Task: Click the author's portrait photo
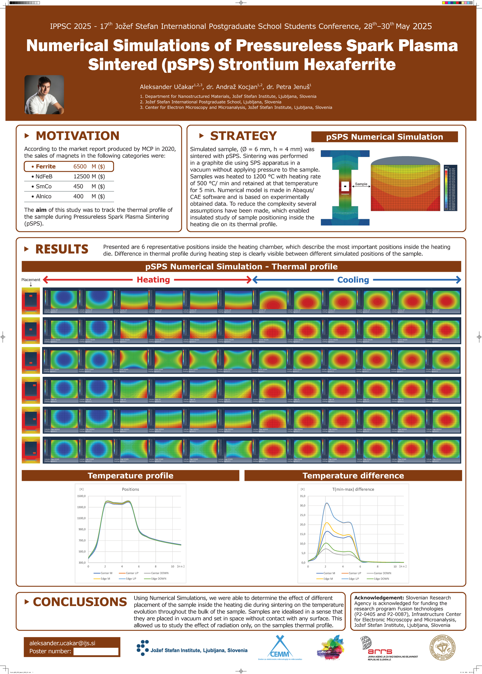pyautogui.click(x=44, y=95)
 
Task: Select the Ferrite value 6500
pyautogui.click(x=80, y=167)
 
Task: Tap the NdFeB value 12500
pyautogui.click(x=81, y=176)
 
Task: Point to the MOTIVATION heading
pyautogui.click(x=77, y=136)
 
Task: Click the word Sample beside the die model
pyautogui.click(x=361, y=184)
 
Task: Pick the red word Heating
pyautogui.click(x=153, y=280)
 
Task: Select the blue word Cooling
pyautogui.click(x=353, y=280)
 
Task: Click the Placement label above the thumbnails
pyautogui.click(x=31, y=280)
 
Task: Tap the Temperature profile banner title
pyautogui.click(x=130, y=476)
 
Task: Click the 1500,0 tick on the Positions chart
pyautogui.click(x=81, y=496)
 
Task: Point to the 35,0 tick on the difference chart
pyautogui.click(x=303, y=496)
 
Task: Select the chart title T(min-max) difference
pyautogui.click(x=353, y=489)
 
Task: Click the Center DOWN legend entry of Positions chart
pyautogui.click(x=159, y=573)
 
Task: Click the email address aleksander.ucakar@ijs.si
pyautogui.click(x=62, y=643)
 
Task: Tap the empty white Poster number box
pyautogui.click(x=96, y=651)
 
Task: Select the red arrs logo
pyautogui.click(x=380, y=651)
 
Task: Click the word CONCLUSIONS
pyautogui.click(x=80, y=602)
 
